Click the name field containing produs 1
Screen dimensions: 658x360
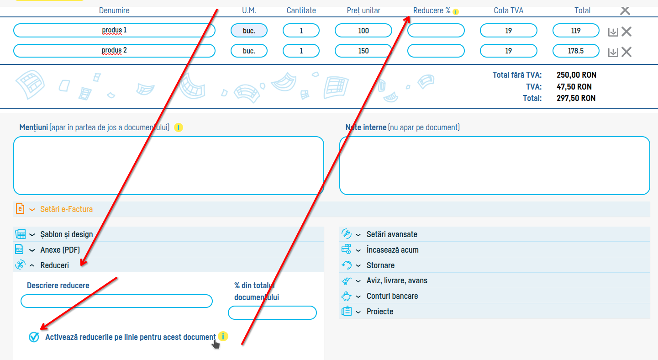pyautogui.click(x=114, y=31)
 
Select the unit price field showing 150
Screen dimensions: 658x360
pyautogui.click(x=363, y=51)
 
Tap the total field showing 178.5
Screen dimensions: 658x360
pyautogui.click(x=576, y=51)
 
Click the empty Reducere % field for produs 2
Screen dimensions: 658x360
pyautogui.click(x=436, y=51)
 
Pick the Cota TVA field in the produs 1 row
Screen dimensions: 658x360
pyautogui.click(x=509, y=31)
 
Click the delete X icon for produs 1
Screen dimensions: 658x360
pyautogui.click(x=626, y=32)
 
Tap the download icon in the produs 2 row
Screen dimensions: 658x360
pyautogui.click(x=613, y=53)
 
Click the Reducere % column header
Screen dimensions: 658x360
pyautogui.click(x=432, y=11)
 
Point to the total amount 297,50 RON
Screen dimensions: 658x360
pyautogui.click(x=576, y=98)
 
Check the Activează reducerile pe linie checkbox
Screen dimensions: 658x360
pyautogui.click(x=34, y=337)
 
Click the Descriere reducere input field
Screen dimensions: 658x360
pyautogui.click(x=116, y=301)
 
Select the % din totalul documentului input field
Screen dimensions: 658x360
pyautogui.click(x=272, y=312)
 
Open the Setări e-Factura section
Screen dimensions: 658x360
pyautogui.click(x=66, y=209)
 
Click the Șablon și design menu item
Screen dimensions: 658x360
pyautogui.click(x=67, y=234)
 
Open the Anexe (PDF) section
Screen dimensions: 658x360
pyautogui.click(x=60, y=250)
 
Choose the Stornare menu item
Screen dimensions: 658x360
pyautogui.click(x=380, y=265)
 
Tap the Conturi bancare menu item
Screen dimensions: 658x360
pyautogui.click(x=392, y=296)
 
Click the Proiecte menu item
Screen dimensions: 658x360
pyautogui.click(x=380, y=312)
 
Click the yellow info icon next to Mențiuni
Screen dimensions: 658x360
pyautogui.click(x=179, y=127)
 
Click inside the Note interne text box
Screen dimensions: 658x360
pyautogui.click(x=495, y=165)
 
